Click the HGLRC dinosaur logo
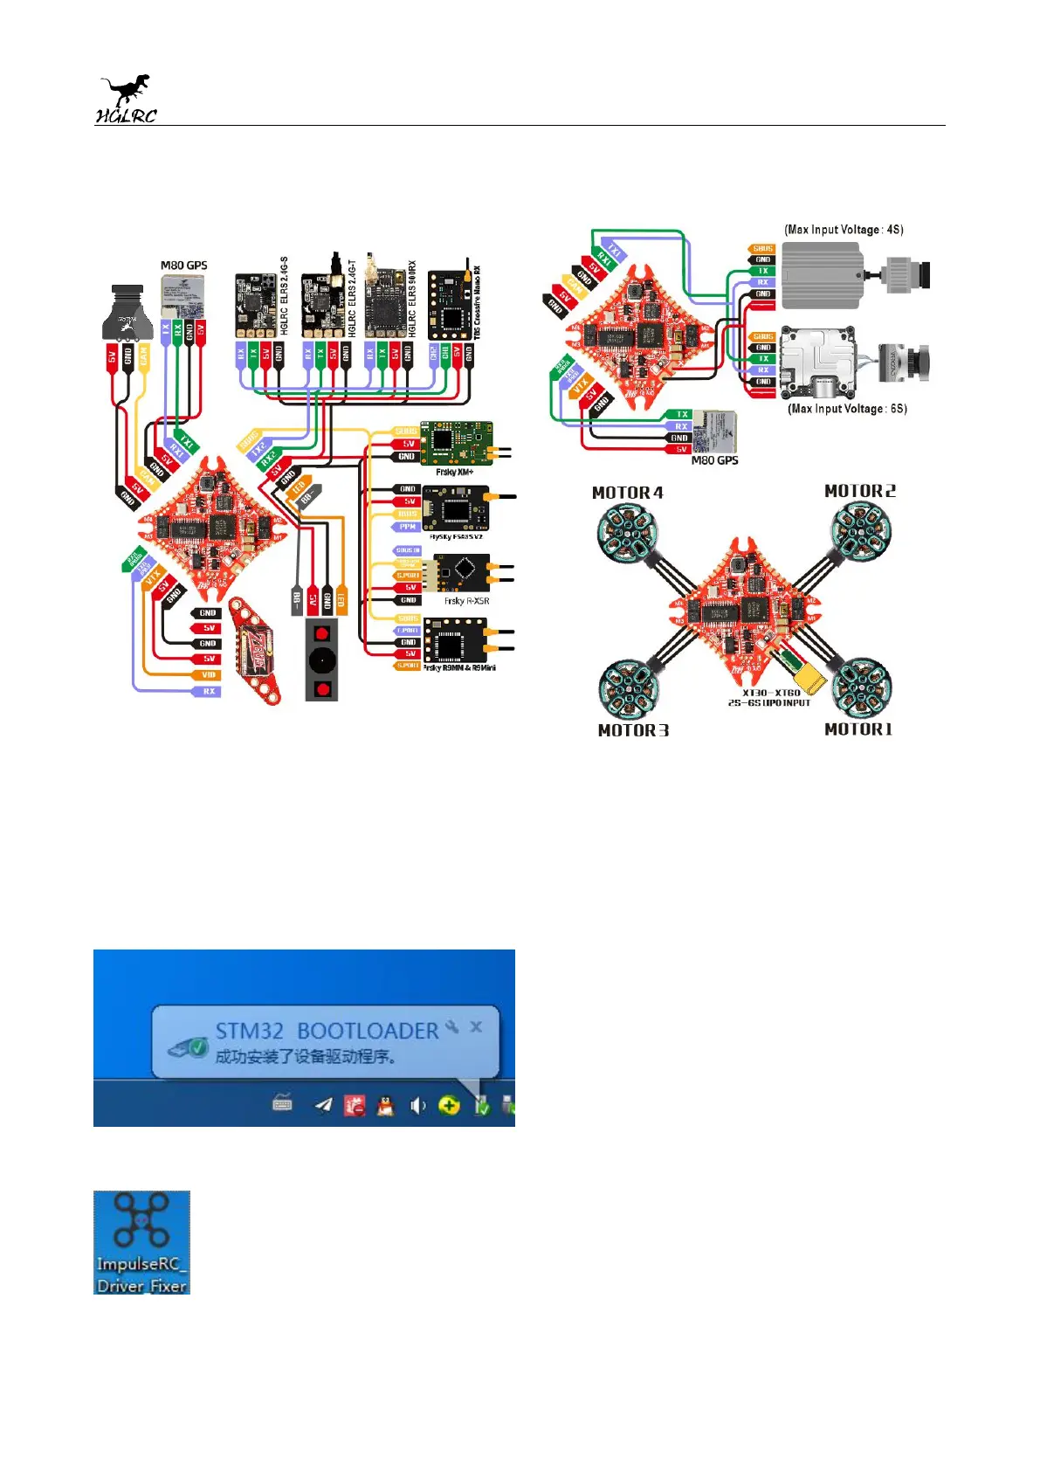pos(126,99)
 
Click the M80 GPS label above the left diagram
pos(183,265)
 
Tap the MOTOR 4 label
pos(627,493)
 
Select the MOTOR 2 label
pos(859,491)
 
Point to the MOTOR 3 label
pos(633,730)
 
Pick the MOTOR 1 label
pos(858,729)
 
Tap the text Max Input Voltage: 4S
pos(844,230)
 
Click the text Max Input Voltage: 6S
pos(847,408)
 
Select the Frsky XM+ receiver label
pos(454,472)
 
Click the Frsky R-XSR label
pos(466,601)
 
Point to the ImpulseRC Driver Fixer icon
pos(141,1241)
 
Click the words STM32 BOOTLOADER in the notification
pos(327,1031)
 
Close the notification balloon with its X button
pos(476,1026)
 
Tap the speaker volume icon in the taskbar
pos(417,1106)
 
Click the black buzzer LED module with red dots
pos(321,659)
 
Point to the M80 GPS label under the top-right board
pos(714,460)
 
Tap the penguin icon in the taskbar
pos(385,1106)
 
